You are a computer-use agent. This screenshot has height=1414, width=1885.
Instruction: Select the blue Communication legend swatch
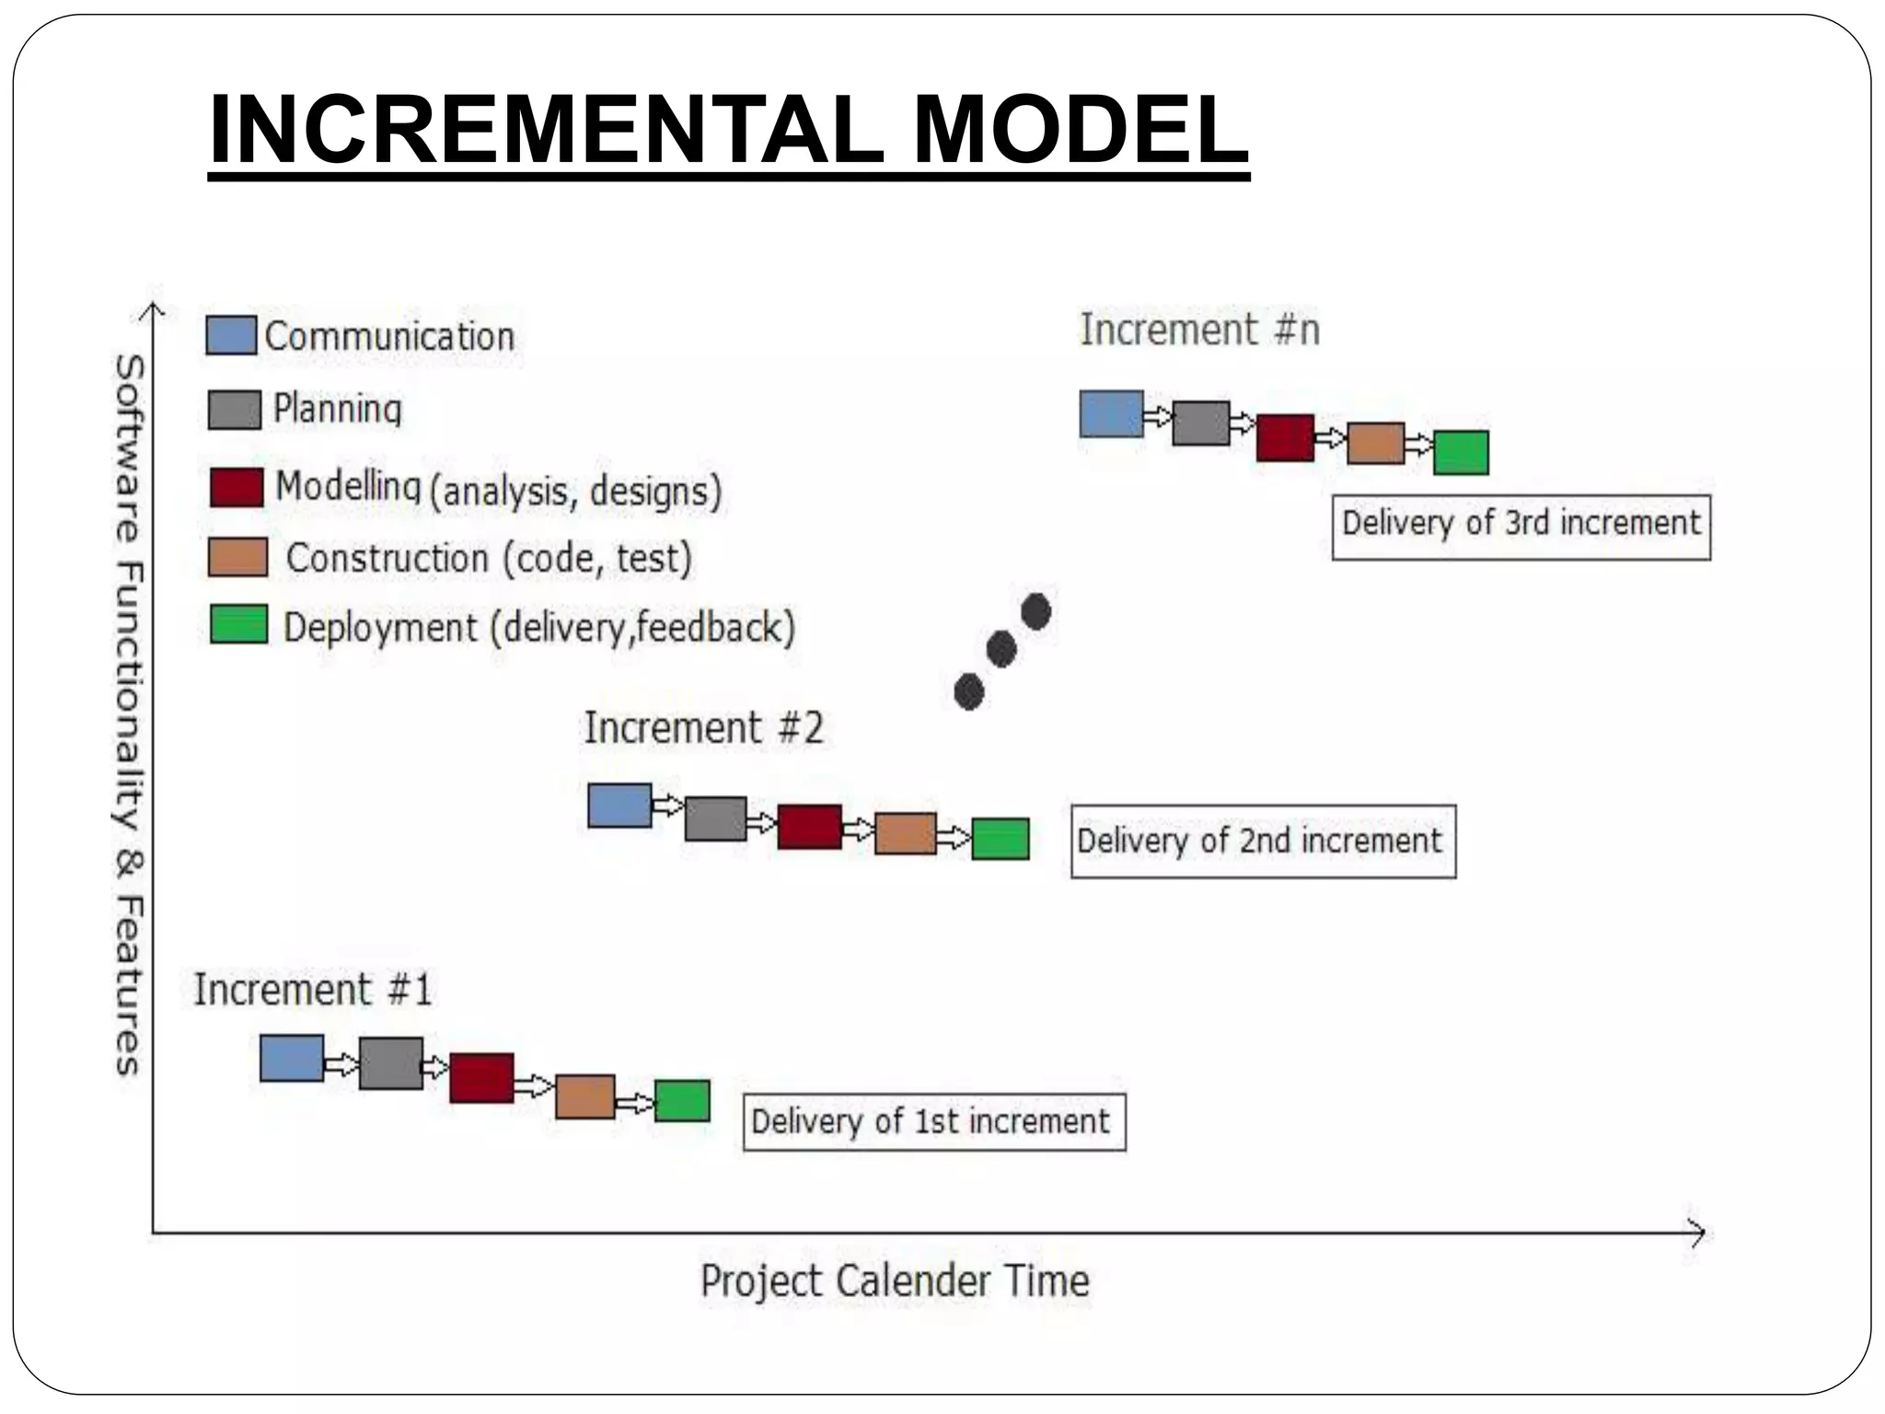click(x=230, y=336)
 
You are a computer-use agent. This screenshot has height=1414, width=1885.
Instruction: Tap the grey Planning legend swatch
click(x=234, y=410)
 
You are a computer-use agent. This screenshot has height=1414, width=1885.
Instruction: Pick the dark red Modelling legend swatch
click(x=237, y=487)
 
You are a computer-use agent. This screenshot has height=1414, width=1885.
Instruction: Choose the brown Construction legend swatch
click(x=237, y=558)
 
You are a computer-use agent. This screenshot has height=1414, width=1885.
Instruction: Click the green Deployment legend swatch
click(x=238, y=624)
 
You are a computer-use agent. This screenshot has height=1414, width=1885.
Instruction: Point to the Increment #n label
click(x=1199, y=330)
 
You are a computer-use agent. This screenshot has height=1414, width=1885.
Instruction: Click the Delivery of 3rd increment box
click(x=1521, y=527)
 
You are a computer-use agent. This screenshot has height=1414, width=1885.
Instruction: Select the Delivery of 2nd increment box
click(x=1262, y=841)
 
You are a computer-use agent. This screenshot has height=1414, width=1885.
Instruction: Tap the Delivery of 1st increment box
click(x=933, y=1122)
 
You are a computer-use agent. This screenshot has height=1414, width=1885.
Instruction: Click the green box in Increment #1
click(x=682, y=1101)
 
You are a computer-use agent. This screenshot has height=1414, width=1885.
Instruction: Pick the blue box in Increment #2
click(x=619, y=806)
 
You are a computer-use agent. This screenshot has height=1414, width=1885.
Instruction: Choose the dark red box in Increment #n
click(x=1285, y=438)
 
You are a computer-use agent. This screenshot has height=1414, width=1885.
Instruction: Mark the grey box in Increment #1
click(x=390, y=1063)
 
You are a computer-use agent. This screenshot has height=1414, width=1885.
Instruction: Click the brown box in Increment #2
click(x=905, y=833)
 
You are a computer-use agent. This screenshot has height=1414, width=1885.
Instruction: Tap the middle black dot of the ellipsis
click(x=1001, y=650)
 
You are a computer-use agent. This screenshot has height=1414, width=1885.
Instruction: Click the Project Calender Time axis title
click(x=895, y=1281)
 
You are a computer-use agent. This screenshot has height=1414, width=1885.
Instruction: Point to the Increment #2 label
click(x=703, y=728)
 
